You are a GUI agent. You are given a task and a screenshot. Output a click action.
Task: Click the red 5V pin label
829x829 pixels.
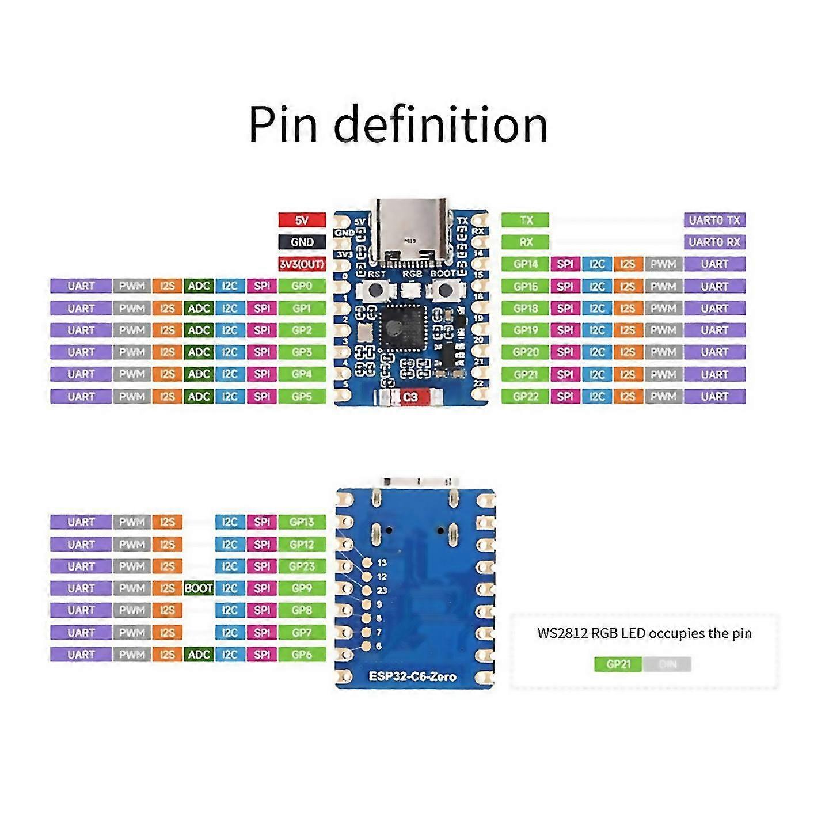coord(302,220)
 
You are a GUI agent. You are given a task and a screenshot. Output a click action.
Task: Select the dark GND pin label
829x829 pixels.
coord(302,242)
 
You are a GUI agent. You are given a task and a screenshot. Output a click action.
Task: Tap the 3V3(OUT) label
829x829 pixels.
coord(302,264)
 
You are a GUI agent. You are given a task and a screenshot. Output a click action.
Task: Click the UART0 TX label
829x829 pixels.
coord(714,220)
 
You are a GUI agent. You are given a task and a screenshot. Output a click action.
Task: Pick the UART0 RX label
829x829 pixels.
coord(714,242)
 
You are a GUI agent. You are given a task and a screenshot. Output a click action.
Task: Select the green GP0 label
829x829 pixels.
coord(302,286)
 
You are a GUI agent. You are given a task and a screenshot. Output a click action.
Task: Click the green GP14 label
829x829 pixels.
coord(525,264)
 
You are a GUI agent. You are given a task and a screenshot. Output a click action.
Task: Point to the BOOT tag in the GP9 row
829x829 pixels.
coord(199,588)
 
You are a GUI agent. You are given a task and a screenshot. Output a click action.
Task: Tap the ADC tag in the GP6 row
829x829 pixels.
coord(199,655)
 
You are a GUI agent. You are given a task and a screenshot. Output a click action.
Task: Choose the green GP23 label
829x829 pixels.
coord(302,566)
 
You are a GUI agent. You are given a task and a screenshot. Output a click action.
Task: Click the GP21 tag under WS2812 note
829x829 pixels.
coord(618,664)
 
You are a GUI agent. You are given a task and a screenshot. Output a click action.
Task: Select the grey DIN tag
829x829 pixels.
coord(667,664)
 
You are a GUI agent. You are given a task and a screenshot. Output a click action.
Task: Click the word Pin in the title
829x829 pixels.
coord(283,125)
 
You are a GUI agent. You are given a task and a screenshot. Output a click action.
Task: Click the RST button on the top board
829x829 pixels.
coord(376,289)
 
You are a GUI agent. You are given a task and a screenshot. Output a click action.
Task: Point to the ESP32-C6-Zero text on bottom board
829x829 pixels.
coord(412,676)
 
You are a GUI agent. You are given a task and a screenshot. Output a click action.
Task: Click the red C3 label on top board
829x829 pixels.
coord(410,397)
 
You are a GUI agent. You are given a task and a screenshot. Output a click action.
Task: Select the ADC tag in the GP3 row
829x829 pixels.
coord(199,352)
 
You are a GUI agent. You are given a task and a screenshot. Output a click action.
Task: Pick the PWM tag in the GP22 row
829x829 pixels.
coord(663,397)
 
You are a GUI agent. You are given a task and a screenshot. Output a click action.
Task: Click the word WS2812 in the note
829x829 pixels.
coord(562,633)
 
